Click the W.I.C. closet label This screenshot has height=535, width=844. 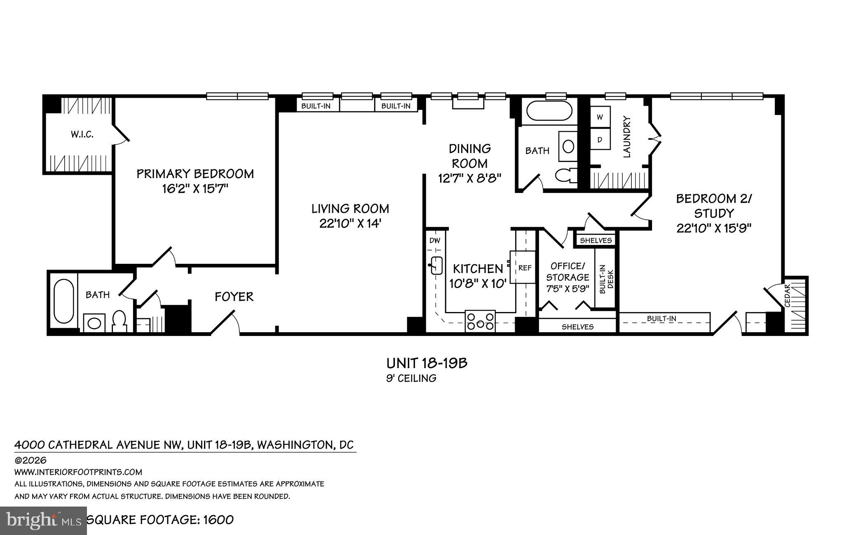(x=82, y=134)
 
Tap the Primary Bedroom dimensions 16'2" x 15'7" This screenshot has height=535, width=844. (x=195, y=189)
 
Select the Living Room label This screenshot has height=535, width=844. (x=350, y=209)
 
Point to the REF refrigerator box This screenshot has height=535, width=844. (x=524, y=268)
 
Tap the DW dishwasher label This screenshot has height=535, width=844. (x=435, y=240)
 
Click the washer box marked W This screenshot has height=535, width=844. (x=600, y=117)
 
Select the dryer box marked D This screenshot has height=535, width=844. (x=600, y=140)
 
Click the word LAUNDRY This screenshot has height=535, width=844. (x=627, y=137)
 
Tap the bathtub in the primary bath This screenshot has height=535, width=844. (x=64, y=301)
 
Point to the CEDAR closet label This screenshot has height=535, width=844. (x=787, y=296)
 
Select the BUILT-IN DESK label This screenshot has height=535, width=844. (x=606, y=282)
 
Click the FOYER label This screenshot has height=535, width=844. (x=234, y=297)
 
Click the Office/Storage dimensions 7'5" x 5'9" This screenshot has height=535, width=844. (x=567, y=289)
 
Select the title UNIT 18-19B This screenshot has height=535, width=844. (x=427, y=363)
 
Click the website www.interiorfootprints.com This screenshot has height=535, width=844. (x=78, y=472)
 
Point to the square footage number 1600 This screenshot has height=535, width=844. (x=218, y=520)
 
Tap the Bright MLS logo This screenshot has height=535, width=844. (x=43, y=520)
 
